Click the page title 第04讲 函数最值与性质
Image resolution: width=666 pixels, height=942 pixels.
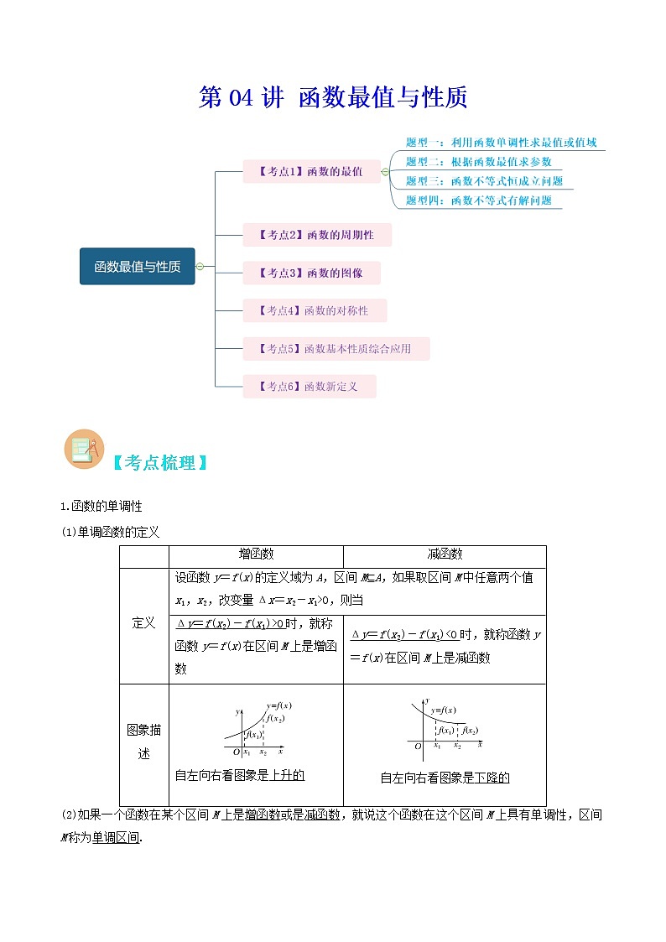[332, 97]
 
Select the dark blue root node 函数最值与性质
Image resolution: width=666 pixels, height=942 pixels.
[137, 267]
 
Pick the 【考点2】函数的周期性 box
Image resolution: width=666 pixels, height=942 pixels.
[317, 235]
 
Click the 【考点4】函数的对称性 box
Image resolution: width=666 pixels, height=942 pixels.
[315, 310]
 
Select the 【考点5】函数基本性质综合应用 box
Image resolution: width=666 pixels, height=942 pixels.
[336, 349]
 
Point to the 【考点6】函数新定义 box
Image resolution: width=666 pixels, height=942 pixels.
[309, 387]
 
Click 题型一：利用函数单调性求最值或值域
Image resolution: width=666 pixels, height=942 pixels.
[501, 143]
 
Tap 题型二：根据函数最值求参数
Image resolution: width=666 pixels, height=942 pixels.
[478, 162]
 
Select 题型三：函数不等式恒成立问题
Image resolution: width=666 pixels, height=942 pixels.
[484, 181]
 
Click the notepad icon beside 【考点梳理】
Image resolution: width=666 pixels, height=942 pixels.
[83, 450]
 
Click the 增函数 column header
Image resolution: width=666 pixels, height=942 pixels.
[256, 554]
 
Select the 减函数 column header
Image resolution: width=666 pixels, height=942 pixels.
[445, 554]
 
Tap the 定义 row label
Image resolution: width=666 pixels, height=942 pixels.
[143, 623]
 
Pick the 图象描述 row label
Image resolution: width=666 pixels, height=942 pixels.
[143, 742]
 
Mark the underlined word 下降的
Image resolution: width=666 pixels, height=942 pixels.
[492, 778]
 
